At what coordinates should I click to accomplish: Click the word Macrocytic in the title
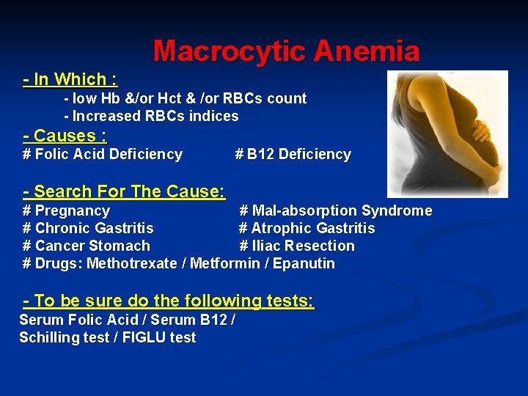pos(230,51)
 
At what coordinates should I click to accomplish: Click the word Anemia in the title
pos(367,51)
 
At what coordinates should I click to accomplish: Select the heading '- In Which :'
pos(70,79)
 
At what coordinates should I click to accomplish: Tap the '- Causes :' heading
pos(65,136)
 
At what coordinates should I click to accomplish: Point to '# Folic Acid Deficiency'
pos(103,154)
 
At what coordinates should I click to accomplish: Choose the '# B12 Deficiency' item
pos(293,154)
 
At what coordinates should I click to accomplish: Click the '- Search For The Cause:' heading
pos(124,192)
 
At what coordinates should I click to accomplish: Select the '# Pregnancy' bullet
pos(66,210)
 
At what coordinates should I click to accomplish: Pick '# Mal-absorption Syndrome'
pos(336,210)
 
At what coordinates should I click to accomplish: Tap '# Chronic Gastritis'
pos(88,228)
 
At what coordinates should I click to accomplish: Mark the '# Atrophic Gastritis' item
pos(307,228)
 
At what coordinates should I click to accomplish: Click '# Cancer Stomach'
pos(87,246)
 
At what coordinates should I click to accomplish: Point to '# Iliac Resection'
pos(297,246)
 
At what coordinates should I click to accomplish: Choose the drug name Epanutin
pos(305,263)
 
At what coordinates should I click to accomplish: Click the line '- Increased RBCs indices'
pos(151,116)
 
